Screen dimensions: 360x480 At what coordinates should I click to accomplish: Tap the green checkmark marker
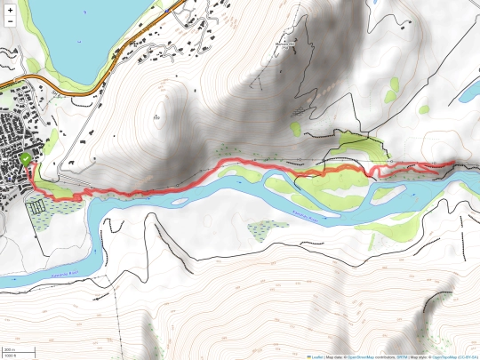click(27, 158)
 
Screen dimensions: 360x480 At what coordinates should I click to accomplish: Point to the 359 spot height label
click(157, 116)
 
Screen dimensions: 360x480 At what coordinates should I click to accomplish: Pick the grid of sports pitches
click(36, 206)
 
